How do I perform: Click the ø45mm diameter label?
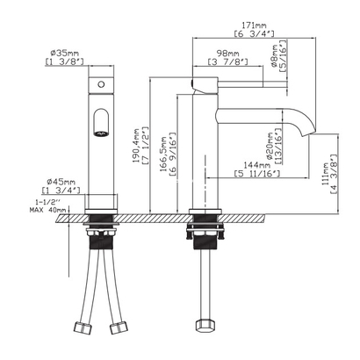tap(59, 182)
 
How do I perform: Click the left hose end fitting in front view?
tap(84, 331)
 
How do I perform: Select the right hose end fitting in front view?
tap(116, 331)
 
